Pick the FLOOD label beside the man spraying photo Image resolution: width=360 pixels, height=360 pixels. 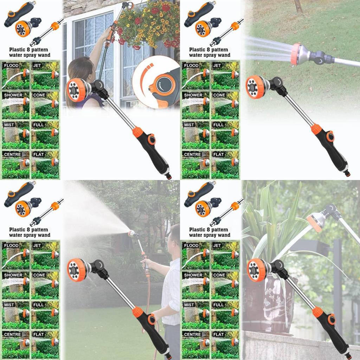click(x=11, y=245)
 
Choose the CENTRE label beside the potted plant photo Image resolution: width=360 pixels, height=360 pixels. click(x=192, y=334)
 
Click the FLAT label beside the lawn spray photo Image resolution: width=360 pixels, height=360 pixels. click(x=218, y=154)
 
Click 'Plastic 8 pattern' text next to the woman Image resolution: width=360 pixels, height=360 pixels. click(x=28, y=50)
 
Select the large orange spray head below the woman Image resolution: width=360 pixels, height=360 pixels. click(x=77, y=90)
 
